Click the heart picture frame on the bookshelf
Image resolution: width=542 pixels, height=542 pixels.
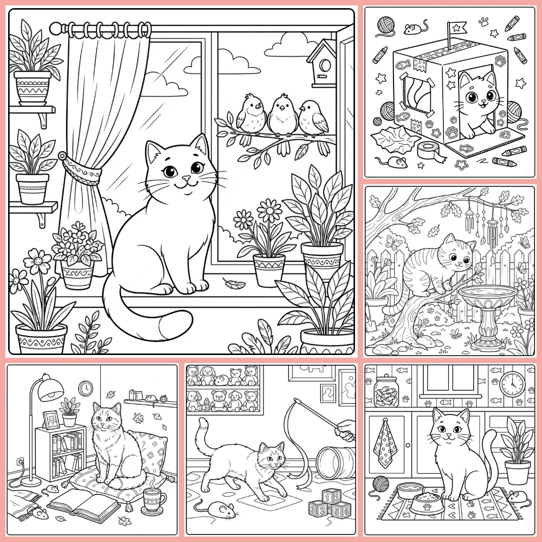51,419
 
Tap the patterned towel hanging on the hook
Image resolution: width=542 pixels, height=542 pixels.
387,443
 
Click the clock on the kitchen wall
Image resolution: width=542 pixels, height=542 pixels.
512,384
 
